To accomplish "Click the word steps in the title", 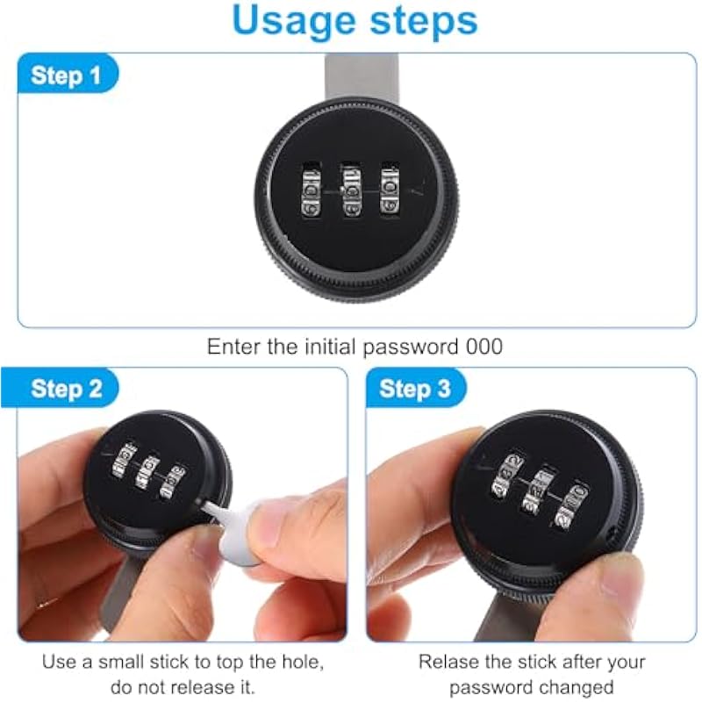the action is click(x=424, y=21).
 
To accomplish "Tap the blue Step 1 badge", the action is click(x=68, y=74).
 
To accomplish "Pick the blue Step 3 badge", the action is click(x=416, y=388).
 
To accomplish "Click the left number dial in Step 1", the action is click(x=312, y=190).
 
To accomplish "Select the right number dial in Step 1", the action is click(x=390, y=190).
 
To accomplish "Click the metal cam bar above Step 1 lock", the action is click(x=361, y=77).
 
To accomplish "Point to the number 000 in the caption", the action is click(x=484, y=347).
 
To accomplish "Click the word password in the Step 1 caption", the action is click(x=411, y=347).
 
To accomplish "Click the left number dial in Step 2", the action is click(x=124, y=462).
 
